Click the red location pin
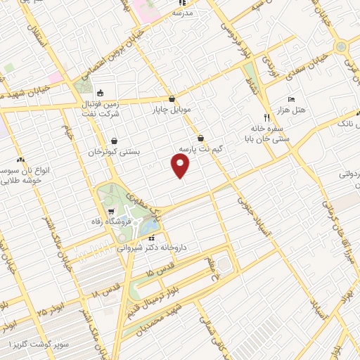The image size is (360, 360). pos(181,165)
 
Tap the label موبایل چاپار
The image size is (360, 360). pos(172,110)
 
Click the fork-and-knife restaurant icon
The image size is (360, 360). pos(266,117)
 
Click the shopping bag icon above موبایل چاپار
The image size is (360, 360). pos(172,98)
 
